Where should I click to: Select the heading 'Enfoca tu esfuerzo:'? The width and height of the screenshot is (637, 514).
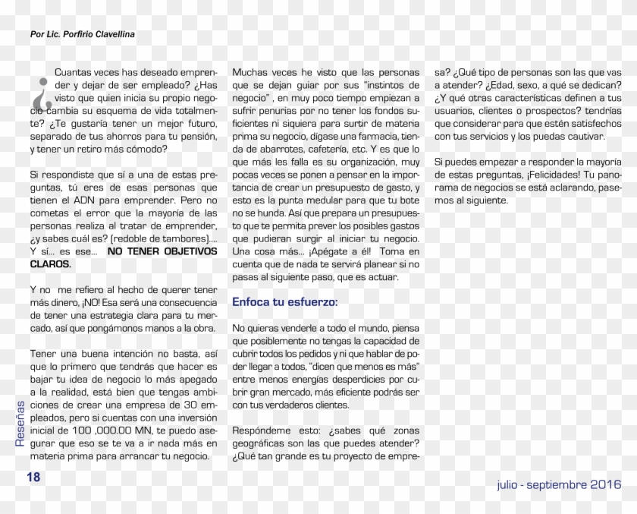(x=285, y=302)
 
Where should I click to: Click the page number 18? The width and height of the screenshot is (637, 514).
(x=33, y=477)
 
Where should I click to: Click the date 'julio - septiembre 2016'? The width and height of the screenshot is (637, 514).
(x=559, y=484)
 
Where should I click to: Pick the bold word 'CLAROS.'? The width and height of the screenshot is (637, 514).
(x=51, y=264)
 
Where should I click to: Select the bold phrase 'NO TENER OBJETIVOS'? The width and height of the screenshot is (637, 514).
(x=162, y=251)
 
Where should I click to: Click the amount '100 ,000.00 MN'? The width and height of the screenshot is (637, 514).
(x=105, y=430)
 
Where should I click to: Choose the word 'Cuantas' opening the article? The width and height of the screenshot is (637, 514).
(x=74, y=73)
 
